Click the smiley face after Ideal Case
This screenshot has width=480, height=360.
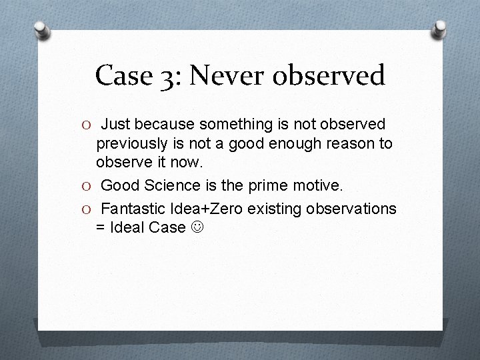click(197, 227)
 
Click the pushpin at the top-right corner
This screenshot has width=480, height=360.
click(440, 29)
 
